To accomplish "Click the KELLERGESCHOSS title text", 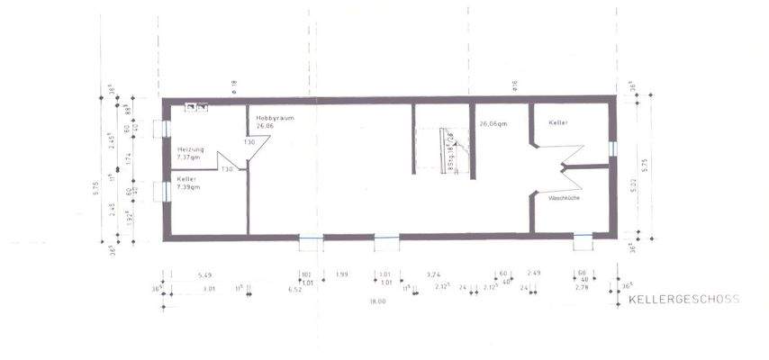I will coord(683,299).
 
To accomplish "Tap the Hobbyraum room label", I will coord(275,118).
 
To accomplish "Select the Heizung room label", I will coord(191,148).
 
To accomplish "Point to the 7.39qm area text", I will coord(188,187).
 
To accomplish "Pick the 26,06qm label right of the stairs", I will coord(495,123).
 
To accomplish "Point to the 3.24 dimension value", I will coord(433,274).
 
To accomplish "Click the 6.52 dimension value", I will coord(294,291).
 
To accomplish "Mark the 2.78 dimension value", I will coord(581,287).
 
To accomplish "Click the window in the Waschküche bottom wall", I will coord(584,238).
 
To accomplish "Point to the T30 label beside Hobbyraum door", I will coord(249,142).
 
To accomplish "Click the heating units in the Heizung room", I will coord(197,107).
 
